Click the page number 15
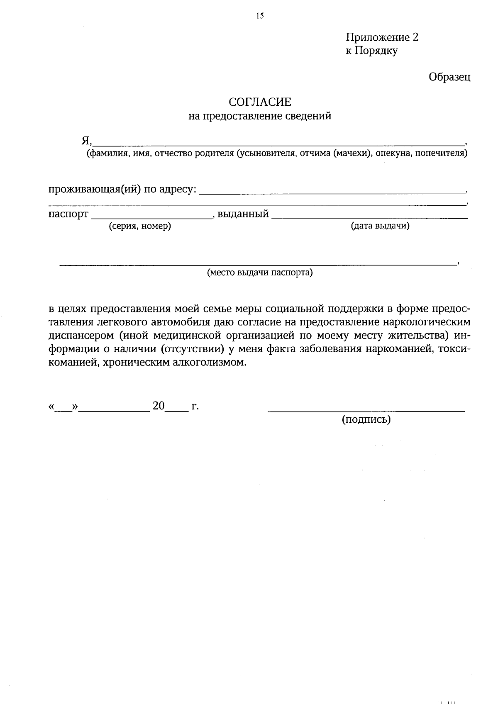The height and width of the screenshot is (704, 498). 260,16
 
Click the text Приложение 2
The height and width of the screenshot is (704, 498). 382,37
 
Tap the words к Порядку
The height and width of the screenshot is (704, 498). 372,51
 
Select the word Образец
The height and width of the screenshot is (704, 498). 449,77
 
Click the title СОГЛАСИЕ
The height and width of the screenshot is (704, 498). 260,102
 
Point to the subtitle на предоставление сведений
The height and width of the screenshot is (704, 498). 260,116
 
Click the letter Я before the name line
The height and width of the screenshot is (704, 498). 85,141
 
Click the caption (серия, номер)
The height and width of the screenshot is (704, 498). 140,226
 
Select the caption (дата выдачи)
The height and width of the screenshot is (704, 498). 380,226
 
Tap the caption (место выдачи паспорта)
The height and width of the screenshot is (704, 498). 260,273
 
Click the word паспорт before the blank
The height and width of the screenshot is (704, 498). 68,214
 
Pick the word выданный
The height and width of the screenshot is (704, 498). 243,214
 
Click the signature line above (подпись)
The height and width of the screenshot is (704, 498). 366,411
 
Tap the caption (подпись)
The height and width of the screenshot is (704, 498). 366,419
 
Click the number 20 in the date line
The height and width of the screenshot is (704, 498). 159,406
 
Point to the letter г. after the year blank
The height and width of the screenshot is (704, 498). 195,406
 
